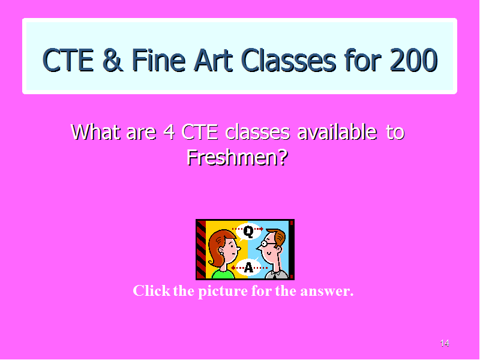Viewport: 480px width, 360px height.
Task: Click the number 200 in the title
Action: click(x=413, y=60)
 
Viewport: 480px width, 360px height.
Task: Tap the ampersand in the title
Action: click(x=113, y=60)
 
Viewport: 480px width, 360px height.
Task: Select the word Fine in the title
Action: click(x=158, y=60)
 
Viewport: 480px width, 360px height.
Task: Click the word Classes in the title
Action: click(x=289, y=60)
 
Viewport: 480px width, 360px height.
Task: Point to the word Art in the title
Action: click(x=213, y=60)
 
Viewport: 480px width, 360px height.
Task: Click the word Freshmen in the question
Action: click(x=238, y=157)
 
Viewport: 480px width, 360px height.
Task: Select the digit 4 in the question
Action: click(x=169, y=132)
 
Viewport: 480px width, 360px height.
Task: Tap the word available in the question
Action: click(x=337, y=131)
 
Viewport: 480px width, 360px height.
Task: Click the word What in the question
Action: click(x=95, y=132)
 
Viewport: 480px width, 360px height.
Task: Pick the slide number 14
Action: click(x=445, y=343)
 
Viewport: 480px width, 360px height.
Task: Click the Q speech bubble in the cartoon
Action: click(x=248, y=232)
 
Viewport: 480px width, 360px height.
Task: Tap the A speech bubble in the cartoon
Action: click(x=248, y=267)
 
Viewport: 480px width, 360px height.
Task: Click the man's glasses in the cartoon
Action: click(x=267, y=244)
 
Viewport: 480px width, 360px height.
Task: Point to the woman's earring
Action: click(x=221, y=253)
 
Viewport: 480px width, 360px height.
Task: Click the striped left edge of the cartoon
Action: click(x=201, y=249)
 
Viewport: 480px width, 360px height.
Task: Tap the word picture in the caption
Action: click(x=223, y=291)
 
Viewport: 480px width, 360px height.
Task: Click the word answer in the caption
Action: click(x=326, y=291)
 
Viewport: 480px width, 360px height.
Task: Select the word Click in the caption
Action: click(x=152, y=290)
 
